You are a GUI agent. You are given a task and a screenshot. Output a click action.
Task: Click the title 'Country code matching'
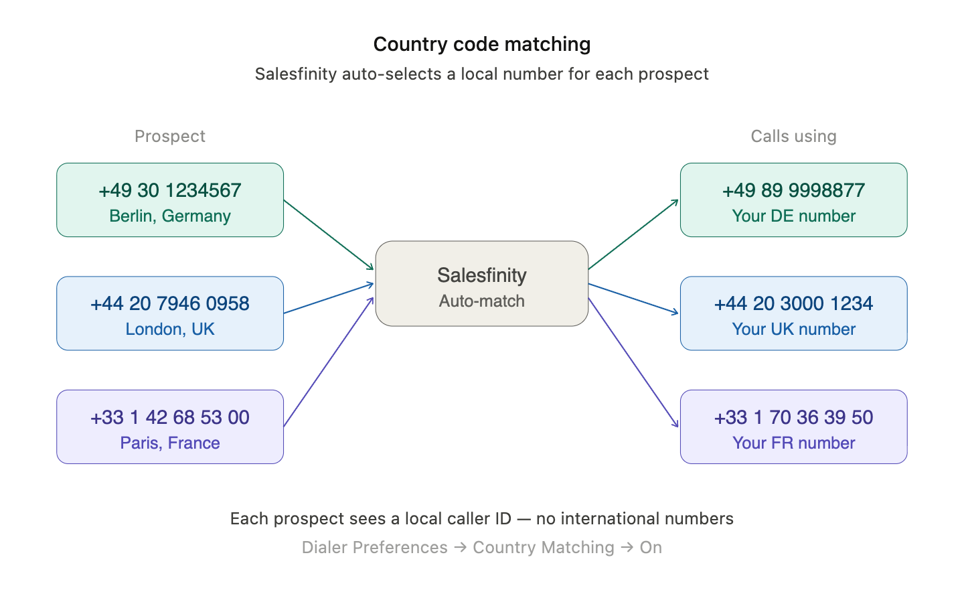(x=482, y=44)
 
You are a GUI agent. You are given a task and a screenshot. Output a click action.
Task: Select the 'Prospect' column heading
(x=170, y=136)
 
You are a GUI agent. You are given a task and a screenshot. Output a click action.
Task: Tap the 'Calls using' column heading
(x=793, y=136)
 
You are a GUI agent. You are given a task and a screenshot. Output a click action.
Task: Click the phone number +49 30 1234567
(x=170, y=190)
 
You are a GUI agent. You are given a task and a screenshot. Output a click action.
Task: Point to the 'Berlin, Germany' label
(x=170, y=216)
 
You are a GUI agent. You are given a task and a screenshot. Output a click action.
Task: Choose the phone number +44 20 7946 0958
(x=170, y=303)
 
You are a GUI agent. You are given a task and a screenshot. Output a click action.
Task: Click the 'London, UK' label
(x=170, y=329)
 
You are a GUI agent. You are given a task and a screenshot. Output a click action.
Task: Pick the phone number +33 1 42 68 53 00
(x=170, y=417)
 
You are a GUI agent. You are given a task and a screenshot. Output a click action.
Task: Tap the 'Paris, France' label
(x=170, y=443)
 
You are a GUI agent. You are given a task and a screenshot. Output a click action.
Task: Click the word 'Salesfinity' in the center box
(x=482, y=275)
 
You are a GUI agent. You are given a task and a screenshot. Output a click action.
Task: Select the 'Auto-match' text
(x=482, y=301)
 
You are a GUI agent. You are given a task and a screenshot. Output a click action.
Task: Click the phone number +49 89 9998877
(x=793, y=190)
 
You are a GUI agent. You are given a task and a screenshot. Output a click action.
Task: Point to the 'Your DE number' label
(x=793, y=216)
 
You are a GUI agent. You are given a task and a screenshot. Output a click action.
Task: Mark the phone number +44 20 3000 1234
(x=793, y=303)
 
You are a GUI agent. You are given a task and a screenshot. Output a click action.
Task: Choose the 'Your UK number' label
(x=793, y=329)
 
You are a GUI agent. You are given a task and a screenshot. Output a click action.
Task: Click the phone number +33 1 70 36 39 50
(x=793, y=417)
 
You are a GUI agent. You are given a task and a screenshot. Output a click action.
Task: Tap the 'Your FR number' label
(x=793, y=443)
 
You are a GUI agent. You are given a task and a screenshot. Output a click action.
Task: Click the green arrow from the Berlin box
(x=329, y=234)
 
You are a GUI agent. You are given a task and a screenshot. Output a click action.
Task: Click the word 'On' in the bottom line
(x=651, y=548)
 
